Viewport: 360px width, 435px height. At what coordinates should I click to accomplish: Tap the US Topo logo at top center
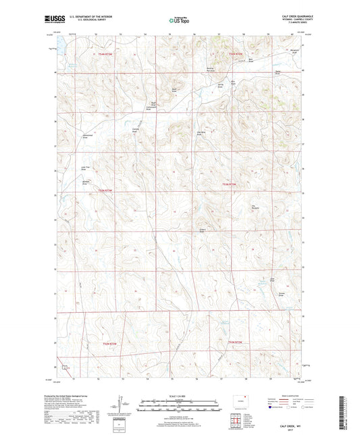pos(178,21)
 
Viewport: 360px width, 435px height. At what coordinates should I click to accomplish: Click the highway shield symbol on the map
pos(64,368)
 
